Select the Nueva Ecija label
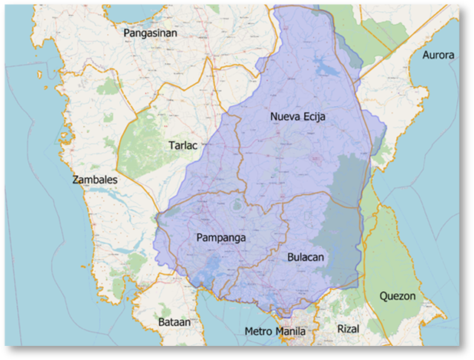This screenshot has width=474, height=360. pos(297,117)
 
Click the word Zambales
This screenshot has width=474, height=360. pos(94,180)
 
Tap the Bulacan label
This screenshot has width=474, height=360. pos(306,257)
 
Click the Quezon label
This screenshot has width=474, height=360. pos(398,295)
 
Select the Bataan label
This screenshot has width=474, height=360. pos(174,322)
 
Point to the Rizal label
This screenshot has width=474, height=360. pos(347,327)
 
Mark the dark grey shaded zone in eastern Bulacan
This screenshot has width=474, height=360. pos(343,223)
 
